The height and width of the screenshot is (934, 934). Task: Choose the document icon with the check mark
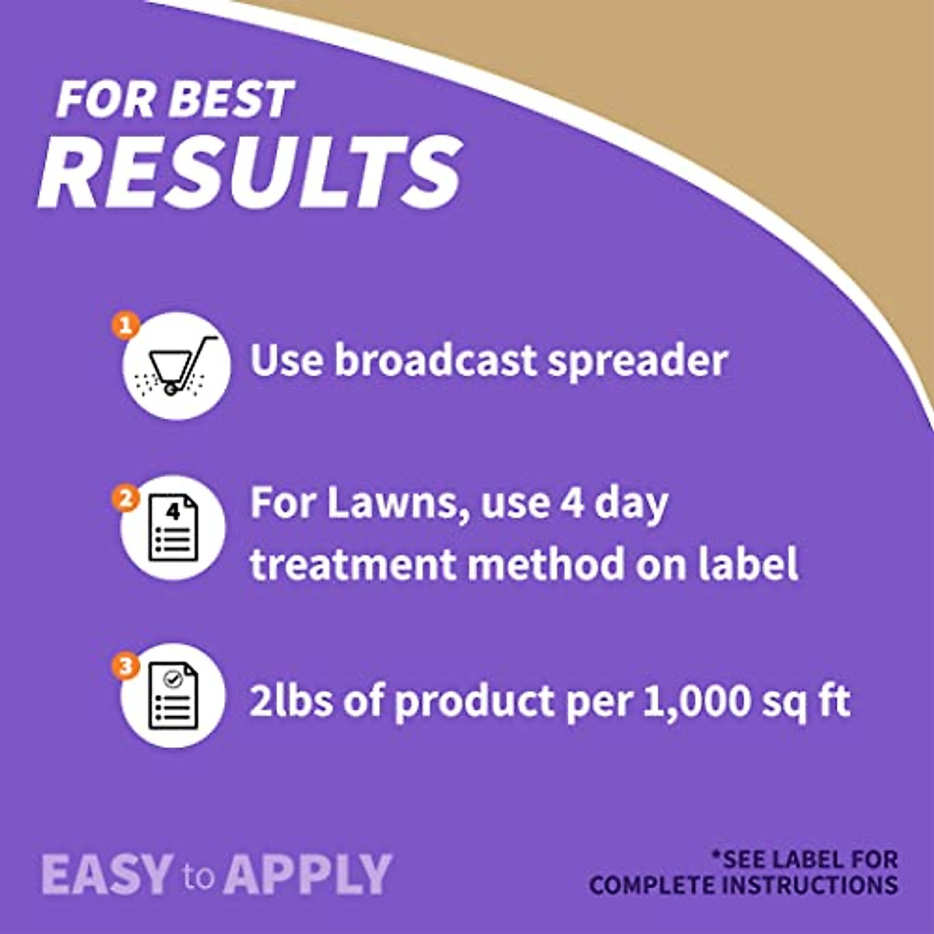click(x=173, y=695)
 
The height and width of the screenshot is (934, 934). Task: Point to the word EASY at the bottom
click(x=107, y=874)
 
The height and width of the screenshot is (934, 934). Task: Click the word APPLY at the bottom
click(x=308, y=874)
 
